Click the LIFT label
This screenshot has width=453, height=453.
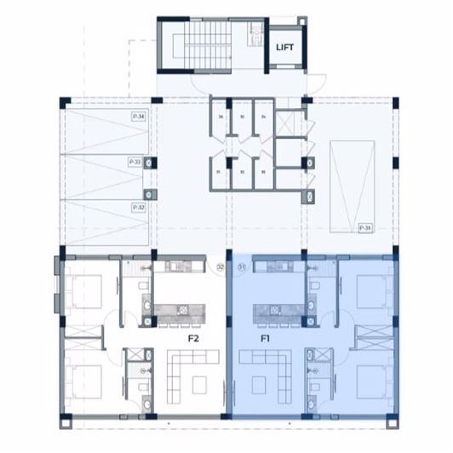284,48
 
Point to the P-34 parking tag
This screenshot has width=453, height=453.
137,115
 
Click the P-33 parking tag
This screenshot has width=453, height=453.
135,161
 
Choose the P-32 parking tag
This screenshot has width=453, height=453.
137,207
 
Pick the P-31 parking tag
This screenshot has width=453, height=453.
364,228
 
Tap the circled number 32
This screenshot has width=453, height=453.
220,267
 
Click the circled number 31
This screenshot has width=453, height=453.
241,267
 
